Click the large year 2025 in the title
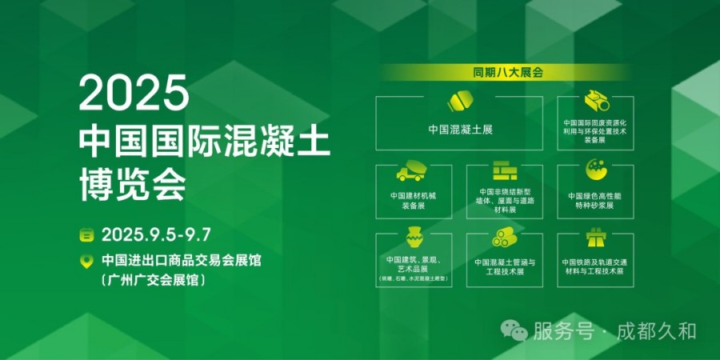coord(134,94)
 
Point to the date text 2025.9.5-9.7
coord(156,234)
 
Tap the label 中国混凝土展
coord(459,129)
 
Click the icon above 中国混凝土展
coord(459,102)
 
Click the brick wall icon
coord(504,170)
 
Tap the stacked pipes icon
coord(504,238)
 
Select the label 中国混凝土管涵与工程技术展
coord(504,266)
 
